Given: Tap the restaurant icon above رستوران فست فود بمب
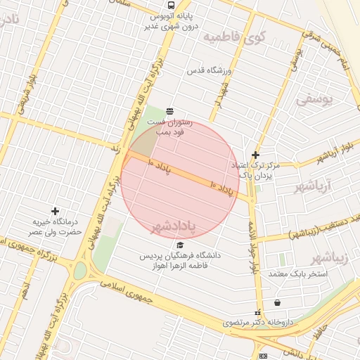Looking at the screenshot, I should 169,112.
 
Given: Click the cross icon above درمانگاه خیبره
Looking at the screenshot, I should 56,210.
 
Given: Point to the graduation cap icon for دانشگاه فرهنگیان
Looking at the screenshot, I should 180,245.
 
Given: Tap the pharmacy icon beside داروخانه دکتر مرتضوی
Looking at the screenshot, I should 257,311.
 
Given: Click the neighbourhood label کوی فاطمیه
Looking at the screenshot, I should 233,37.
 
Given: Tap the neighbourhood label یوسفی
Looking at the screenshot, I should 311,101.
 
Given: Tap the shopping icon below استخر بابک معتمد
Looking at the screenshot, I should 278,302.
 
